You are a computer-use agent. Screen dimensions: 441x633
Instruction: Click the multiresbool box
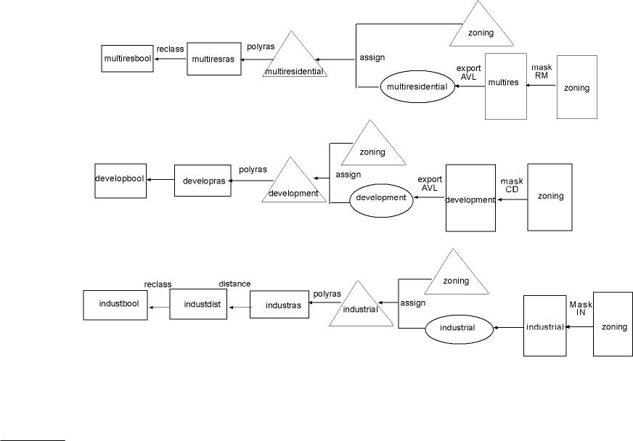tap(128, 58)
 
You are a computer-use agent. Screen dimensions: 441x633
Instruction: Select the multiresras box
tap(214, 59)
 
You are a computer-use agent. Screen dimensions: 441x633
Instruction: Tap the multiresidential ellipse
tap(416, 86)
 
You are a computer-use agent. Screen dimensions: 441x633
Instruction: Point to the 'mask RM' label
tap(542, 71)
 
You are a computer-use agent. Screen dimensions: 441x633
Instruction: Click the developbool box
tap(121, 181)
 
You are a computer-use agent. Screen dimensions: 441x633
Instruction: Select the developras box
tap(203, 181)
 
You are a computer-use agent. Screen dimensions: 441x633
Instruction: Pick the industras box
tap(279, 305)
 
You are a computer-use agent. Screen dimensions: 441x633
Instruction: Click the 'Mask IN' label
tap(581, 309)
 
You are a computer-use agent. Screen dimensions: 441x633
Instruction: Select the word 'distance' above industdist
tap(234, 284)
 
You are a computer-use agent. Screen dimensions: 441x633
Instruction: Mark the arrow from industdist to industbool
tap(159, 308)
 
